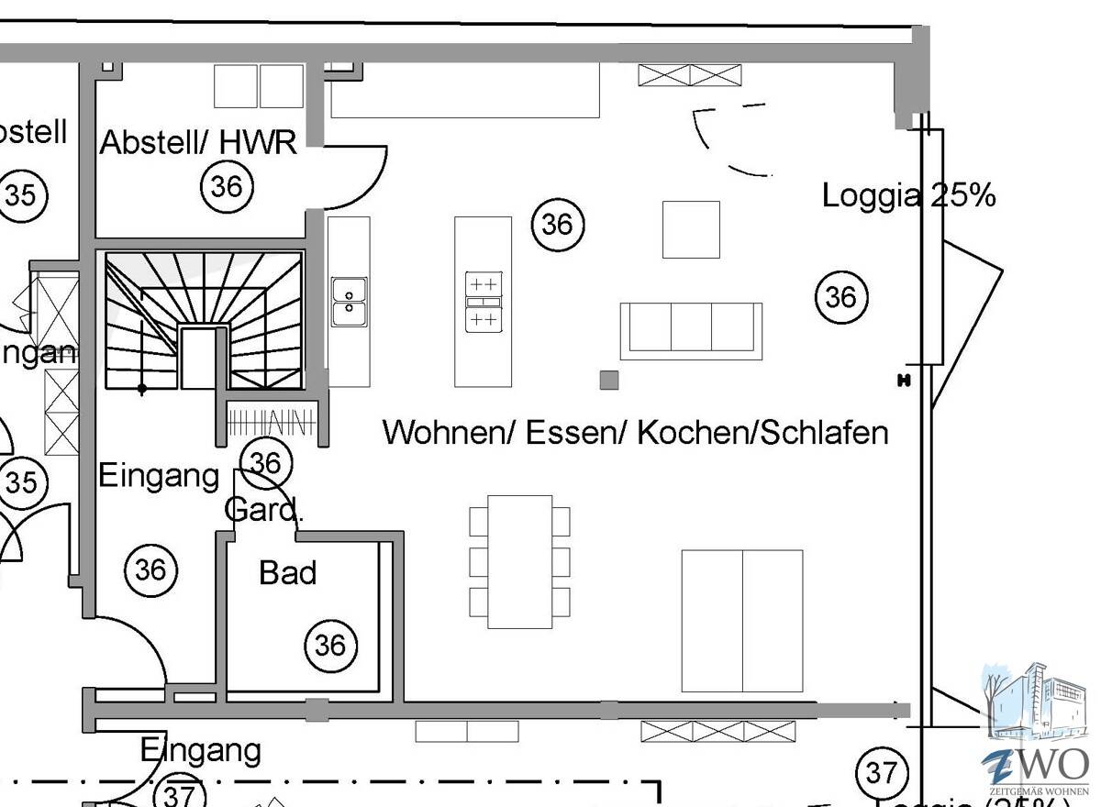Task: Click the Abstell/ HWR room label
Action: click(x=197, y=143)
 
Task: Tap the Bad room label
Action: click(x=287, y=573)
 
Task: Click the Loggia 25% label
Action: click(x=907, y=195)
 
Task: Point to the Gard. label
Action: click(x=263, y=510)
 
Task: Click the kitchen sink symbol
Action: click(x=349, y=301)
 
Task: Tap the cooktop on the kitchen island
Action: click(x=484, y=302)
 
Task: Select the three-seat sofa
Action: click(x=691, y=329)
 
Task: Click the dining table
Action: click(x=519, y=561)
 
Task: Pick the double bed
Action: click(x=741, y=621)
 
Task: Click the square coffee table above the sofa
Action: click(x=691, y=229)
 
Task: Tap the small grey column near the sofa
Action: click(x=609, y=380)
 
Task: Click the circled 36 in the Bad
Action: click(x=330, y=646)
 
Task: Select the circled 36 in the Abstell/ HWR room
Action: click(x=227, y=186)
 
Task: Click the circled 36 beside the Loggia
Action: click(x=840, y=297)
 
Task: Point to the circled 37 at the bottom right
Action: click(x=881, y=773)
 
